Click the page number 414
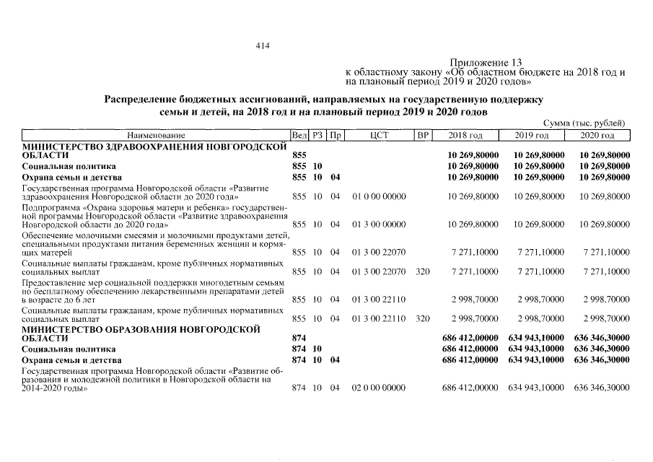coord(262,46)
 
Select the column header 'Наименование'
coord(156,136)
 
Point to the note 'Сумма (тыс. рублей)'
coord(587,124)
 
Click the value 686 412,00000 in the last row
coord(470,388)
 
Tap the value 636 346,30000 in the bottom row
coord(602,388)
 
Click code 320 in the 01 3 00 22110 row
coord(423,318)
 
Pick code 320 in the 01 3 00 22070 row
coord(423,271)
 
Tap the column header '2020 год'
coord(598,136)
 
